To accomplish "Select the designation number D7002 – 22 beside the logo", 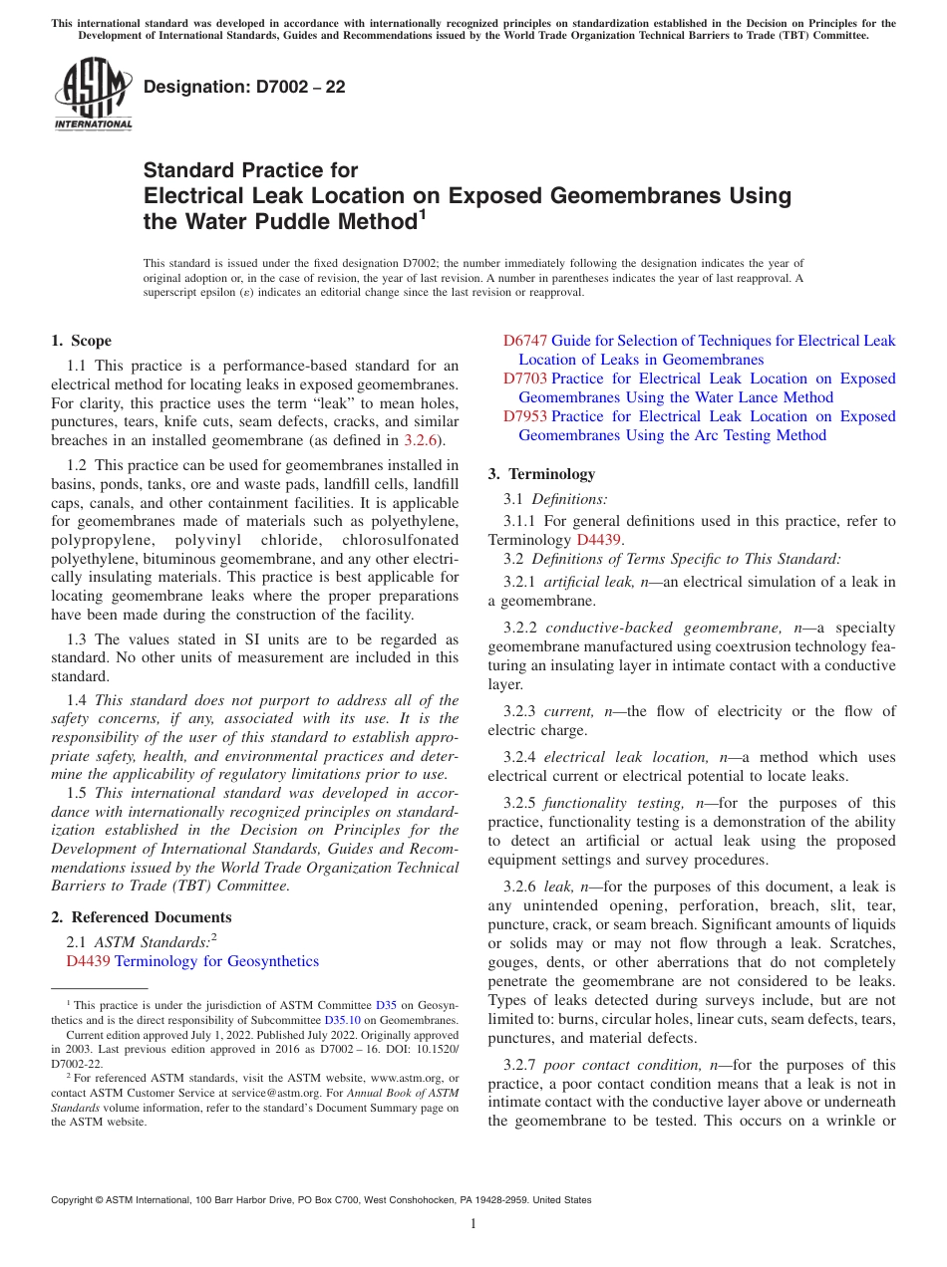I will point(244,87).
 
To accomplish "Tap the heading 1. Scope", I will point(82,341).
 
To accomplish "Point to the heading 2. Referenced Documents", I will point(142,917).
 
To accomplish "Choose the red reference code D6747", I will point(524,341).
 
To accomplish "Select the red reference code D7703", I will point(524,379).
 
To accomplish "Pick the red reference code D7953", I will point(524,416).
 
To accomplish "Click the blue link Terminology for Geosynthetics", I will point(216,961).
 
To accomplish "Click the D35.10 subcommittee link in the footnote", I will point(342,1020).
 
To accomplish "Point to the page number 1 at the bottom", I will point(473,1223).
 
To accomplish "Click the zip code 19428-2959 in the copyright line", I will point(506,1200).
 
